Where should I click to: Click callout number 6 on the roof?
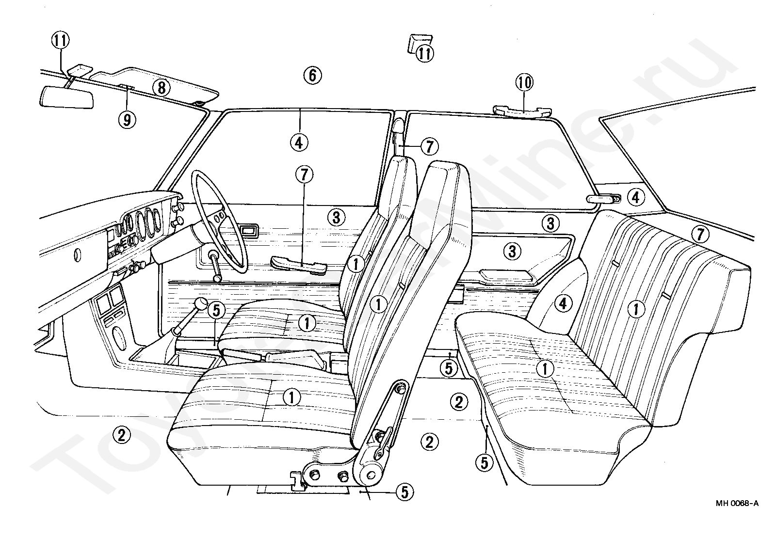[x=312, y=75]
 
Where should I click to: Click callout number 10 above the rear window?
[x=524, y=83]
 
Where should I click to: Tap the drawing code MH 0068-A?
[x=737, y=503]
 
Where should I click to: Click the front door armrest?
[x=297, y=265]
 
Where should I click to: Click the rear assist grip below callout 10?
[x=521, y=112]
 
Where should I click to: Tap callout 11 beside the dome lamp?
[x=425, y=53]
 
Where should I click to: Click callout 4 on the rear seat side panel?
[x=562, y=304]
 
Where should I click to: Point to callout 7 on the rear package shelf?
[x=699, y=235]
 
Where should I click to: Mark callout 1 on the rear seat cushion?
[x=546, y=369]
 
